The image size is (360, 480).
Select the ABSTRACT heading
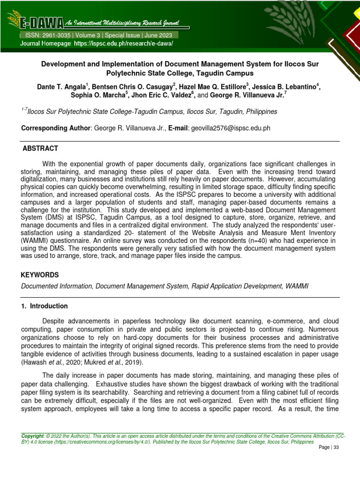(x=41, y=149)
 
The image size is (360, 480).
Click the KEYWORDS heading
(x=40, y=275)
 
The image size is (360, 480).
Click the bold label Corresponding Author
(x=56, y=128)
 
